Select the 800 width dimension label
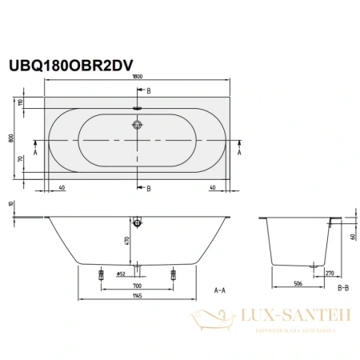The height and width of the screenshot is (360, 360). [x=11, y=137]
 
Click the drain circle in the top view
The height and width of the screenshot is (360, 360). [x=138, y=125]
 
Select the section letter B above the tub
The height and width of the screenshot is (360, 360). [x=148, y=92]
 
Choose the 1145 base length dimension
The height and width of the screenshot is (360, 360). [x=138, y=298]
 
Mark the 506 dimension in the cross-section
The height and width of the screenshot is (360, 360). [x=298, y=282]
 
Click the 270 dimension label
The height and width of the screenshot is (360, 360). [x=330, y=273]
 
